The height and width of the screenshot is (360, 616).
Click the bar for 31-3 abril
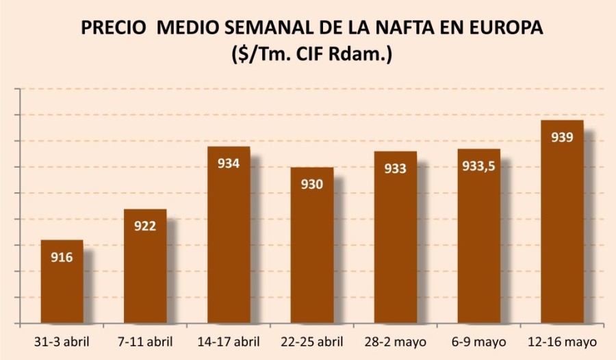pyautogui.click(x=62, y=282)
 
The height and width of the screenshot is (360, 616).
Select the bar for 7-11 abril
pyautogui.click(x=145, y=267)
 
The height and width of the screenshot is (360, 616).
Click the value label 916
pyautogui.click(x=62, y=257)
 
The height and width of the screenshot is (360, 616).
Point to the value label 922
pyautogui.click(x=145, y=226)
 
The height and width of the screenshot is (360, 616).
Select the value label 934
pyautogui.click(x=229, y=164)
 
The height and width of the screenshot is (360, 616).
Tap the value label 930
pyautogui.click(x=312, y=184)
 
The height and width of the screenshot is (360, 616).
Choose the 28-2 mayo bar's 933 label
pyautogui.click(x=395, y=168)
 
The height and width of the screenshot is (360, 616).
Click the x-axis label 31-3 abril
pyautogui.click(x=62, y=341)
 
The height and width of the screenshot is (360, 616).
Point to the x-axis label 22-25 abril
pyautogui.click(x=312, y=341)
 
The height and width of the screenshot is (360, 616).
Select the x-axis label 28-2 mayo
pyautogui.click(x=395, y=341)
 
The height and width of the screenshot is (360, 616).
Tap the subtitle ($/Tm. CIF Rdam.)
pyautogui.click(x=311, y=55)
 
